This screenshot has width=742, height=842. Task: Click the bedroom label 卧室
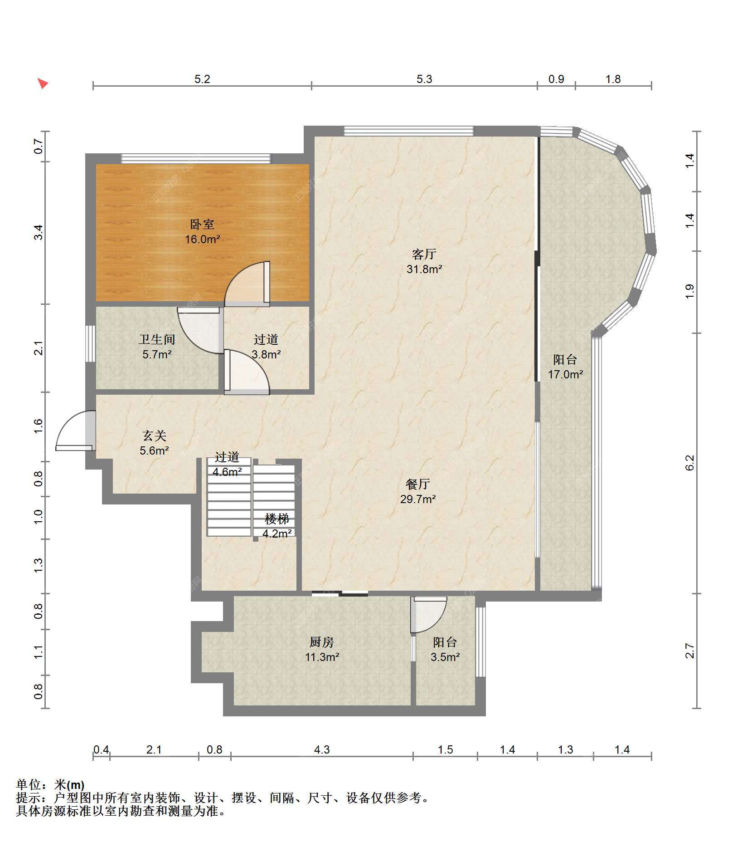(x=202, y=224)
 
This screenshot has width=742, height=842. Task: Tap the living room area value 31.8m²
(x=424, y=269)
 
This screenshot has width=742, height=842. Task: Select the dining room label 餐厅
(x=417, y=484)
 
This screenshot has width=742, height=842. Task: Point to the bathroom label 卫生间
(x=157, y=339)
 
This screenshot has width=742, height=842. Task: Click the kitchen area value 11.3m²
(x=322, y=657)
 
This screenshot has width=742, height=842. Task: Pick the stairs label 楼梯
(x=277, y=519)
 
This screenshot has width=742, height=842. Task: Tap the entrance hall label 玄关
(x=155, y=436)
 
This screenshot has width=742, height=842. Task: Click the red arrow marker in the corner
(x=43, y=83)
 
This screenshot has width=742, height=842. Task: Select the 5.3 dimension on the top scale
(x=424, y=79)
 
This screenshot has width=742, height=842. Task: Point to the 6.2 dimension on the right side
(x=689, y=463)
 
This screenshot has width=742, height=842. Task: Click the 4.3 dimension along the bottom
(x=322, y=749)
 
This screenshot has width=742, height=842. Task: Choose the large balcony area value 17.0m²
(x=565, y=374)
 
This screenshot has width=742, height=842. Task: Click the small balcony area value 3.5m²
(x=445, y=657)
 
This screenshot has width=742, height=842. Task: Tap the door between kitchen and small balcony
(x=428, y=615)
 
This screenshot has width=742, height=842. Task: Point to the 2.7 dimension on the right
(x=689, y=651)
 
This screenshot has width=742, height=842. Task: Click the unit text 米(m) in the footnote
(x=69, y=784)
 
